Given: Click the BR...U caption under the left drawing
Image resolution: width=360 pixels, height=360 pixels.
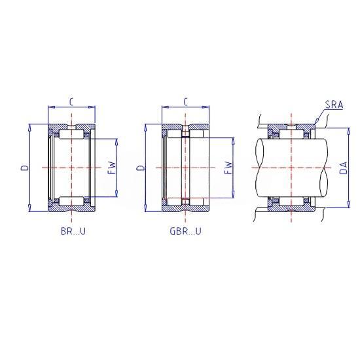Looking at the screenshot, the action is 73,231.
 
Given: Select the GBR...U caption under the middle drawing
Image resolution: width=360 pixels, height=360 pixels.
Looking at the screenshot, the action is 185,231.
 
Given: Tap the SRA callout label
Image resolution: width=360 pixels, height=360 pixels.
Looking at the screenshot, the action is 334,105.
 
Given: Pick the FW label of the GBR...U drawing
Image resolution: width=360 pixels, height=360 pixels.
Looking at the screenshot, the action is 228,168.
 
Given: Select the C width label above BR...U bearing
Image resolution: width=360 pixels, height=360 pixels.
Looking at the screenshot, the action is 71,101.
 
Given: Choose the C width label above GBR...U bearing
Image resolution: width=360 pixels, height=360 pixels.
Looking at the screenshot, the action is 185,101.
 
